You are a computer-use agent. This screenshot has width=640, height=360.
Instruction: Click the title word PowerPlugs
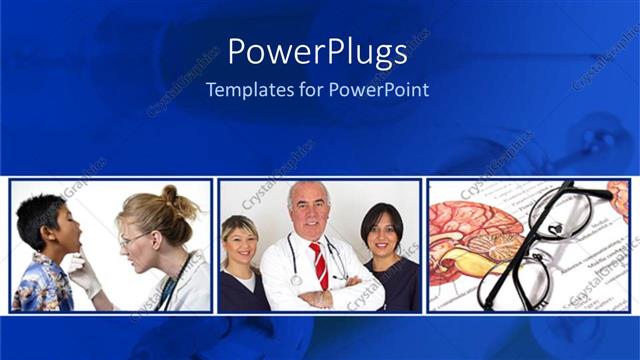coord(317,52)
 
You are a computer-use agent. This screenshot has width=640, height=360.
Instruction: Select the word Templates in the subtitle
coord(245,89)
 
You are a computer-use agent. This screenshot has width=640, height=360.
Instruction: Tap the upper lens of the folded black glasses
coord(555,215)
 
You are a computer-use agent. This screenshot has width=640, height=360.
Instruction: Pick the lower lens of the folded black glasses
coord(512,280)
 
